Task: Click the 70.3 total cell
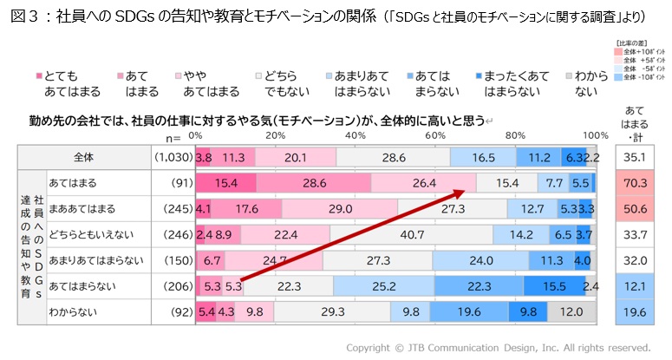pos(637,183)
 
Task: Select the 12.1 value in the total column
pos(637,285)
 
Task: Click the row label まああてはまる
pos(84,209)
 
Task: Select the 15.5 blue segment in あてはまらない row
pos(553,285)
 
